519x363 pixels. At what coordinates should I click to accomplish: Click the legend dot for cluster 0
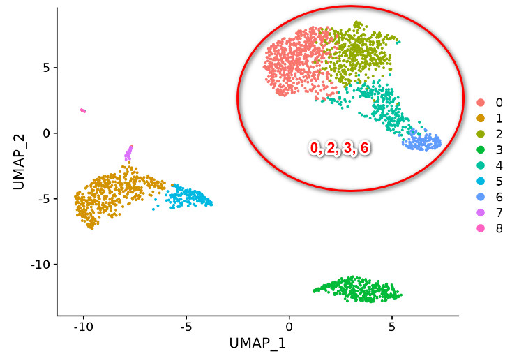[481, 102]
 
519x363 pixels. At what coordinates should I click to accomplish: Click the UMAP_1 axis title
[257, 344]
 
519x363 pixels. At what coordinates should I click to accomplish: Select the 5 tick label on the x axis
[391, 325]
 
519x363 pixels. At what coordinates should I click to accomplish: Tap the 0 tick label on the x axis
[288, 325]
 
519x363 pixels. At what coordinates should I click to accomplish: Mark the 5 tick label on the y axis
[45, 68]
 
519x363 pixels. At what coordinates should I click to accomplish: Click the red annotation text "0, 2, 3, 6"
[340, 147]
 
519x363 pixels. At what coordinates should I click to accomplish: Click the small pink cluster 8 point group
[83, 110]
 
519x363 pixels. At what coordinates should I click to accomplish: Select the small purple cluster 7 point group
[128, 151]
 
